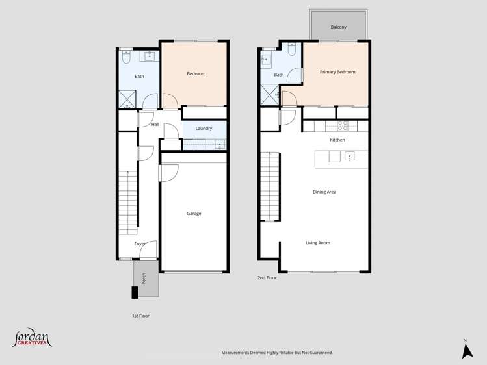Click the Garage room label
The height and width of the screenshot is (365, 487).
pyautogui.click(x=194, y=214)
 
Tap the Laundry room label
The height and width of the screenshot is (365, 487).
pyautogui.click(x=204, y=129)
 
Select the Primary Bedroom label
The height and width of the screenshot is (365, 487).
pyautogui.click(x=337, y=72)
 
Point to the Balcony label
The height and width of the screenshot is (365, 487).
pyautogui.click(x=338, y=27)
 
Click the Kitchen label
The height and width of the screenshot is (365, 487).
pyautogui.click(x=337, y=140)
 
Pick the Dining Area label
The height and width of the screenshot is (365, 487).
pyautogui.click(x=324, y=192)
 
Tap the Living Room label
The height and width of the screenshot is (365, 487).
pyautogui.click(x=318, y=243)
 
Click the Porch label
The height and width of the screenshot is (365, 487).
pyautogui.click(x=144, y=279)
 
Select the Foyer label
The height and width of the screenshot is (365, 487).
pyautogui.click(x=140, y=244)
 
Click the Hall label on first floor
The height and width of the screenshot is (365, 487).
pyautogui.click(x=155, y=125)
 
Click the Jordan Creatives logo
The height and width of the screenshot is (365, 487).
pyautogui.click(x=32, y=338)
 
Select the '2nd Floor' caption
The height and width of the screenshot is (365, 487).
pyautogui.click(x=267, y=278)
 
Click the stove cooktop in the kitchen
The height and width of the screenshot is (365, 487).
pyautogui.click(x=343, y=126)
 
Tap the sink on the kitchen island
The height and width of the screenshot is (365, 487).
pyautogui.click(x=350, y=157)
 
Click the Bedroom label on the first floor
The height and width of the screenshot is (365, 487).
pyautogui.click(x=196, y=74)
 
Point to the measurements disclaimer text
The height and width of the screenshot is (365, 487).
pyautogui.click(x=277, y=353)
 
